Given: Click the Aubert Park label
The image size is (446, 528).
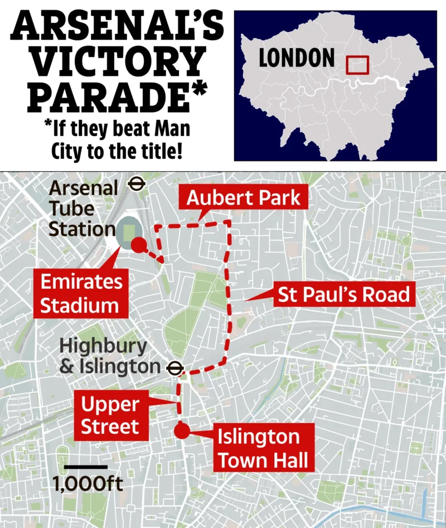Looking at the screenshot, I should coord(243,198).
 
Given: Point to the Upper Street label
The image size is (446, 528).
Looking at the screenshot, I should coord(109,415).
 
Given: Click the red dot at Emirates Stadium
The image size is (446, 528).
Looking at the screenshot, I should coord(139,244).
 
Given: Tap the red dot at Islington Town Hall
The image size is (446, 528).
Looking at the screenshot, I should coord(181,431).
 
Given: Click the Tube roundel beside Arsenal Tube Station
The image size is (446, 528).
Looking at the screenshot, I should coord(137,183).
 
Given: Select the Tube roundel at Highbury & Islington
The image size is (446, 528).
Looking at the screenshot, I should coord(175,367).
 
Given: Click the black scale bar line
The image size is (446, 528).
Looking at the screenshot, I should coord(85,466).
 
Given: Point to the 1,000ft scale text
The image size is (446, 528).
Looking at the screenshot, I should coord(88,483).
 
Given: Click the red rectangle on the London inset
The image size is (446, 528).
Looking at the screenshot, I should coord(357,65).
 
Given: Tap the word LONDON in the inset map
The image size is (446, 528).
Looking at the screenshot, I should coord(297,58).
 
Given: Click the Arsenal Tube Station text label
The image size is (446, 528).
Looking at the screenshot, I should coord(83,208).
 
